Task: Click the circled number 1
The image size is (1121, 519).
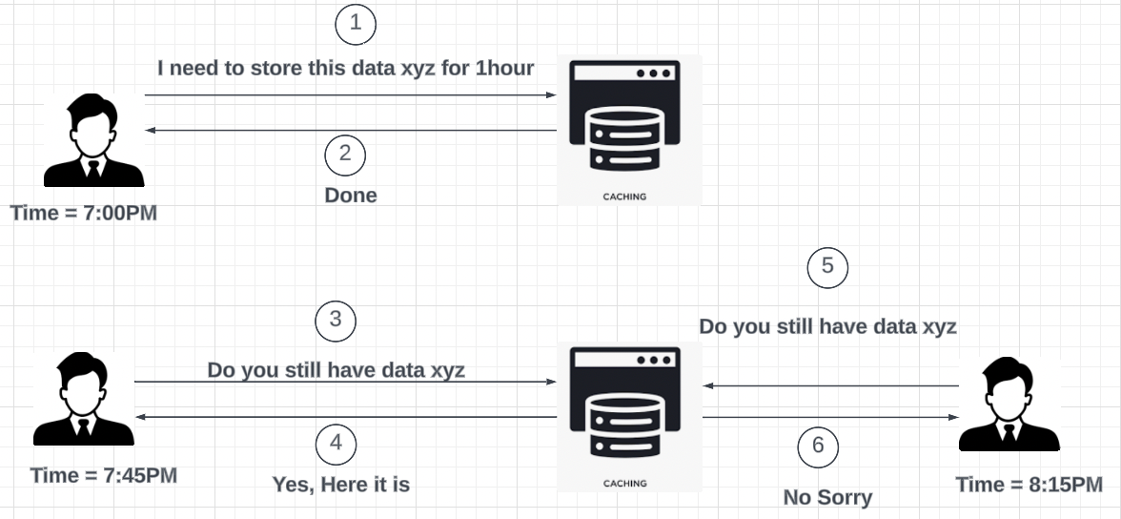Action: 356,24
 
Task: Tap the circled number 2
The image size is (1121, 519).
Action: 345,154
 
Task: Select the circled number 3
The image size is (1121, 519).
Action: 335,320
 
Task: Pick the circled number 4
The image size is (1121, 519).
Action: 335,443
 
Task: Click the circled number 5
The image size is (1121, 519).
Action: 827,266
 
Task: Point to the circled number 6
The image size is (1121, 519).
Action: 818,446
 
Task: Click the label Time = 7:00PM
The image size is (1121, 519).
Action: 84,213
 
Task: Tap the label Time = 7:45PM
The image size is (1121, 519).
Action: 104,474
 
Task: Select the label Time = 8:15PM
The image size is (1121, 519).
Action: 1029,485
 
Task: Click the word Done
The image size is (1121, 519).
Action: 351,196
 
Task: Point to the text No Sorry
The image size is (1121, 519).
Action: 827,497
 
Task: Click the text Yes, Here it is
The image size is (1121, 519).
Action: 341,485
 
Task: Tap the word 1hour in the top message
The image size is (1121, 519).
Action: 504,68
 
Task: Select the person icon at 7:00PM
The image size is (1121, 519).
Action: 93,140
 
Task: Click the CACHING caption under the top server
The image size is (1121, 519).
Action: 625,197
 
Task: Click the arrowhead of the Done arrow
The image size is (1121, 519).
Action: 150,130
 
